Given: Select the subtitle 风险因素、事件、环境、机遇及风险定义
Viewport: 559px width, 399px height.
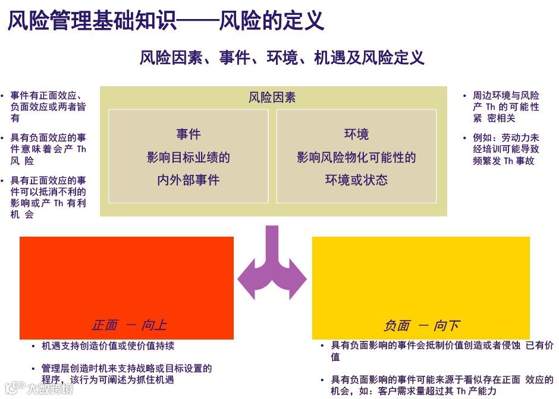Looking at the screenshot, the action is pyautogui.click(x=282, y=58).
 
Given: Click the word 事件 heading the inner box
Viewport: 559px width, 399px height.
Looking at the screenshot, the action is pyautogui.click(x=189, y=134).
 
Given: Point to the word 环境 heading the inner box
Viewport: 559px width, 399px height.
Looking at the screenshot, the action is pyautogui.click(x=356, y=134).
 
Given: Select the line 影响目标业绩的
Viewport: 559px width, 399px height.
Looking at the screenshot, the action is pyautogui.click(x=189, y=158).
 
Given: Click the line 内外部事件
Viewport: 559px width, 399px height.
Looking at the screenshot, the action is pyautogui.click(x=189, y=180).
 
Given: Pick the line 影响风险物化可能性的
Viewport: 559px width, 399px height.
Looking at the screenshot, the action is pyautogui.click(x=356, y=158).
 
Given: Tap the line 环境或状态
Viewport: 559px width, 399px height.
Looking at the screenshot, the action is pyautogui.click(x=356, y=180).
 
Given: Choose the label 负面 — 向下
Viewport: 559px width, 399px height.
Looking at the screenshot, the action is pyautogui.click(x=421, y=325).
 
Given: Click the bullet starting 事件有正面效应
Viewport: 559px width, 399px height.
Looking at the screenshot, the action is pyautogui.click(x=48, y=106).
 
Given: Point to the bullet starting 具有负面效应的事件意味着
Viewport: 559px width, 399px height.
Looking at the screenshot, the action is pyautogui.click(x=48, y=149).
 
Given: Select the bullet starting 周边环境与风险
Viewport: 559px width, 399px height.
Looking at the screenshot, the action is pyautogui.click(x=505, y=106).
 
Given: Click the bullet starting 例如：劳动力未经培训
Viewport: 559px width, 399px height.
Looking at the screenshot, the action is pyautogui.click(x=505, y=149).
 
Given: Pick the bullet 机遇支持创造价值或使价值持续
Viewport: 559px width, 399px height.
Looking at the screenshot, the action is pyautogui.click(x=108, y=346).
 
